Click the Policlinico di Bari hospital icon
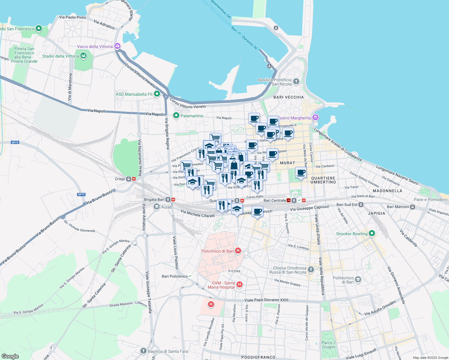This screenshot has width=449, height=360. click(238, 251)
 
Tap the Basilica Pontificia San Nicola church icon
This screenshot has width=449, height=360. click(296, 82)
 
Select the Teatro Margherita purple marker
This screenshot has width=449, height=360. click(315, 118)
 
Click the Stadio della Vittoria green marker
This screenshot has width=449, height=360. click(83, 56)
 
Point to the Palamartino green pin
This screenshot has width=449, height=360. click(176, 115)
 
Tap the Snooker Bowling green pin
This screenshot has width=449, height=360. click(372, 233)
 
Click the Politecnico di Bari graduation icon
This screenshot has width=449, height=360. click(358, 280)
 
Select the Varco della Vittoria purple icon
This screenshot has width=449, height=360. click(117, 46)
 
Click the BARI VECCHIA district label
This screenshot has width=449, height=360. click(288, 97)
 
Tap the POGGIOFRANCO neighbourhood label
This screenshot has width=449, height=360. click(258, 357)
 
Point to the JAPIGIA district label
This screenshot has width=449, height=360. click(376, 213)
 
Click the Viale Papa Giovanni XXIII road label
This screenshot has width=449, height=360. click(266, 300)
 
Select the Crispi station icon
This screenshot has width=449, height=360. click(128, 179)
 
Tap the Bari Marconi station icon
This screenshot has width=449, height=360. click(413, 207)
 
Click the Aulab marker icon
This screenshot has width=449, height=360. click(156, 207)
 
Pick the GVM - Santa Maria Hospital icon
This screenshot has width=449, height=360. click(239, 284)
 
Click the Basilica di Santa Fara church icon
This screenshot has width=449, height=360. click(143, 351)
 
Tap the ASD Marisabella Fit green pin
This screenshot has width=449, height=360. click(157, 94)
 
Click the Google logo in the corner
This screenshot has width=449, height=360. click(10, 356)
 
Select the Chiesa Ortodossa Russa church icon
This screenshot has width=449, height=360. click(311, 270)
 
